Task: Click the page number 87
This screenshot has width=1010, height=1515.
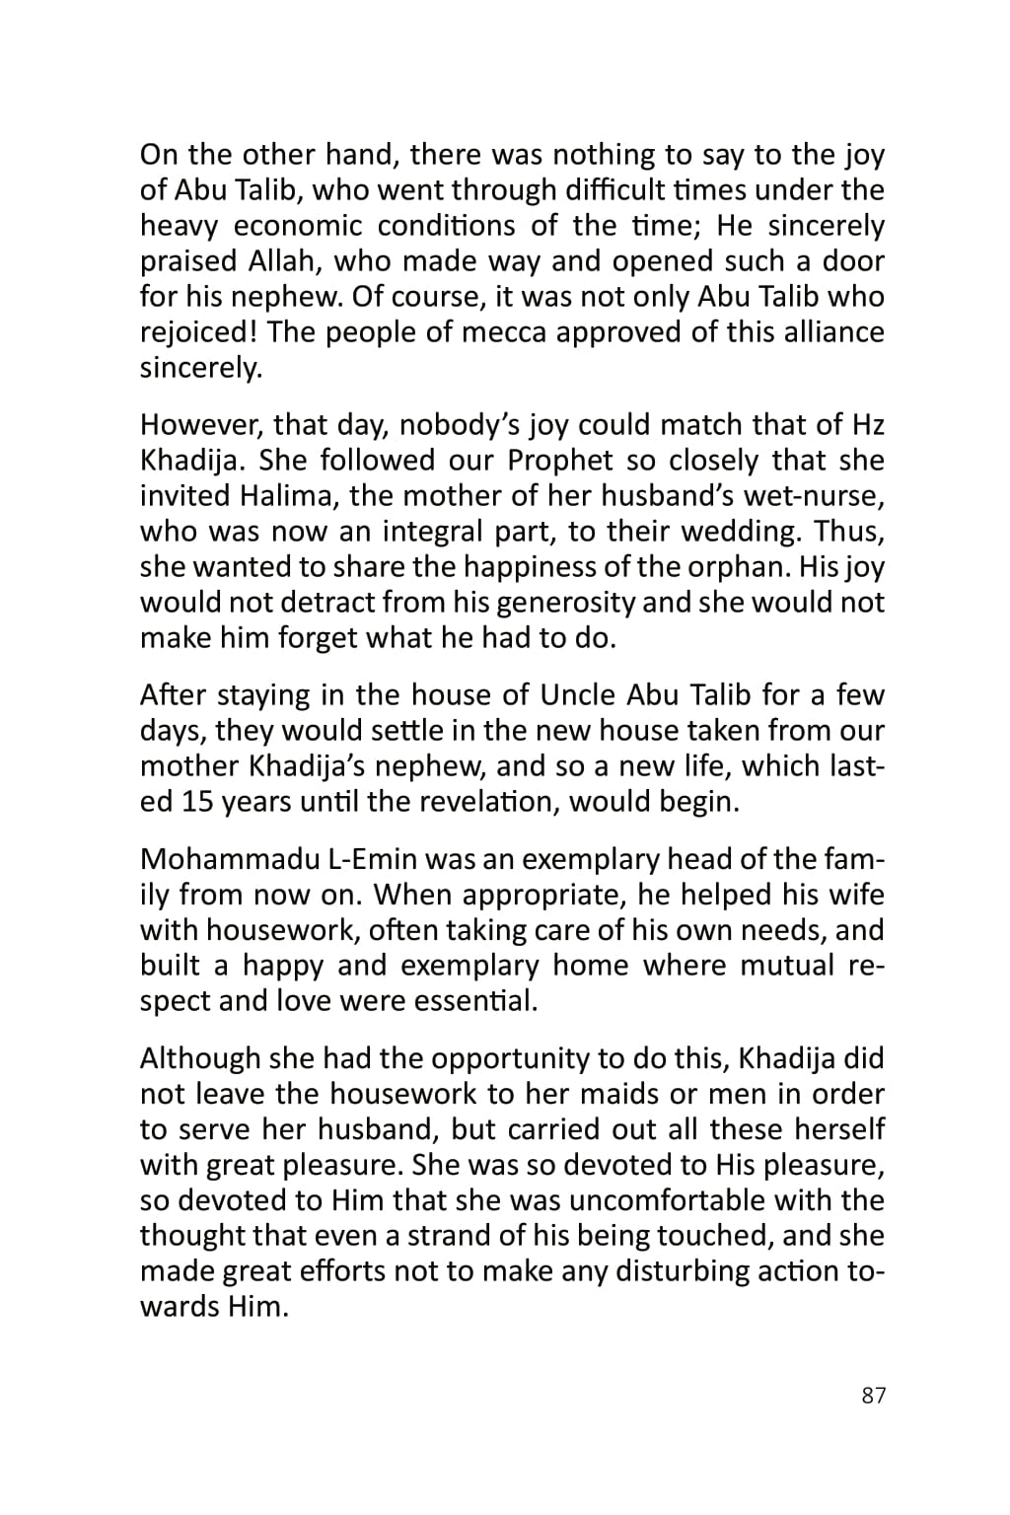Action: (x=873, y=1395)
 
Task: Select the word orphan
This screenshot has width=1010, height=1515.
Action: (x=741, y=567)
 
